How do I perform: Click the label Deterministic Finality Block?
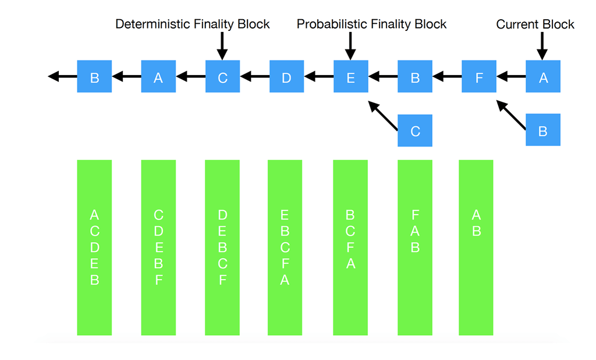pos(192,24)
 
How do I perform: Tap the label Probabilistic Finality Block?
pos(371,24)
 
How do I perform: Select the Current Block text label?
pos(535,24)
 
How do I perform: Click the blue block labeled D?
pos(286,76)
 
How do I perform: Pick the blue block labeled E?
pos(351,76)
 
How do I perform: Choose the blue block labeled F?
pos(479,76)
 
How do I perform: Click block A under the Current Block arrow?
pos(543,76)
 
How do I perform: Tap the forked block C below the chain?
pos(414,131)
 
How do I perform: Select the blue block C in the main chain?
pos(222,76)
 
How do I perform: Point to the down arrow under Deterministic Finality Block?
pos(222,46)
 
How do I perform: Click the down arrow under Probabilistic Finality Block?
pos(350,46)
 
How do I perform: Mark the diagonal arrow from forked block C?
pos(383,116)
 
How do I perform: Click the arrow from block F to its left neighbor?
pos(447,76)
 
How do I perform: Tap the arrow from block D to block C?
pos(255,76)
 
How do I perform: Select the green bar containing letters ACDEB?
pos(94,248)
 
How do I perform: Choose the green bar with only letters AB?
pos(476,248)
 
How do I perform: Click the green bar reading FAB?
pos(414,248)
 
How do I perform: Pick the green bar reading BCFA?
pos(350,248)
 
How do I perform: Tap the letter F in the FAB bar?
pos(415,215)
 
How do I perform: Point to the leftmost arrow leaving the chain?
pos(62,76)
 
